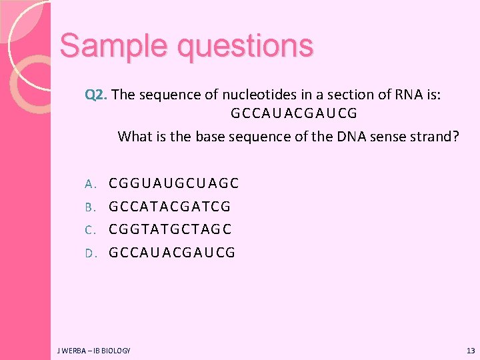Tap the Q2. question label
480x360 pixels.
pos(97,95)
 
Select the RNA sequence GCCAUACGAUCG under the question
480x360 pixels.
pos(294,113)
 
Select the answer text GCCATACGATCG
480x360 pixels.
pos(170,207)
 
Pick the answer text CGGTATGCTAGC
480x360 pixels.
pos(170,229)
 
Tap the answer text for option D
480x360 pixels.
pos(172,253)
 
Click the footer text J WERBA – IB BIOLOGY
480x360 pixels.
pos(94,350)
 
